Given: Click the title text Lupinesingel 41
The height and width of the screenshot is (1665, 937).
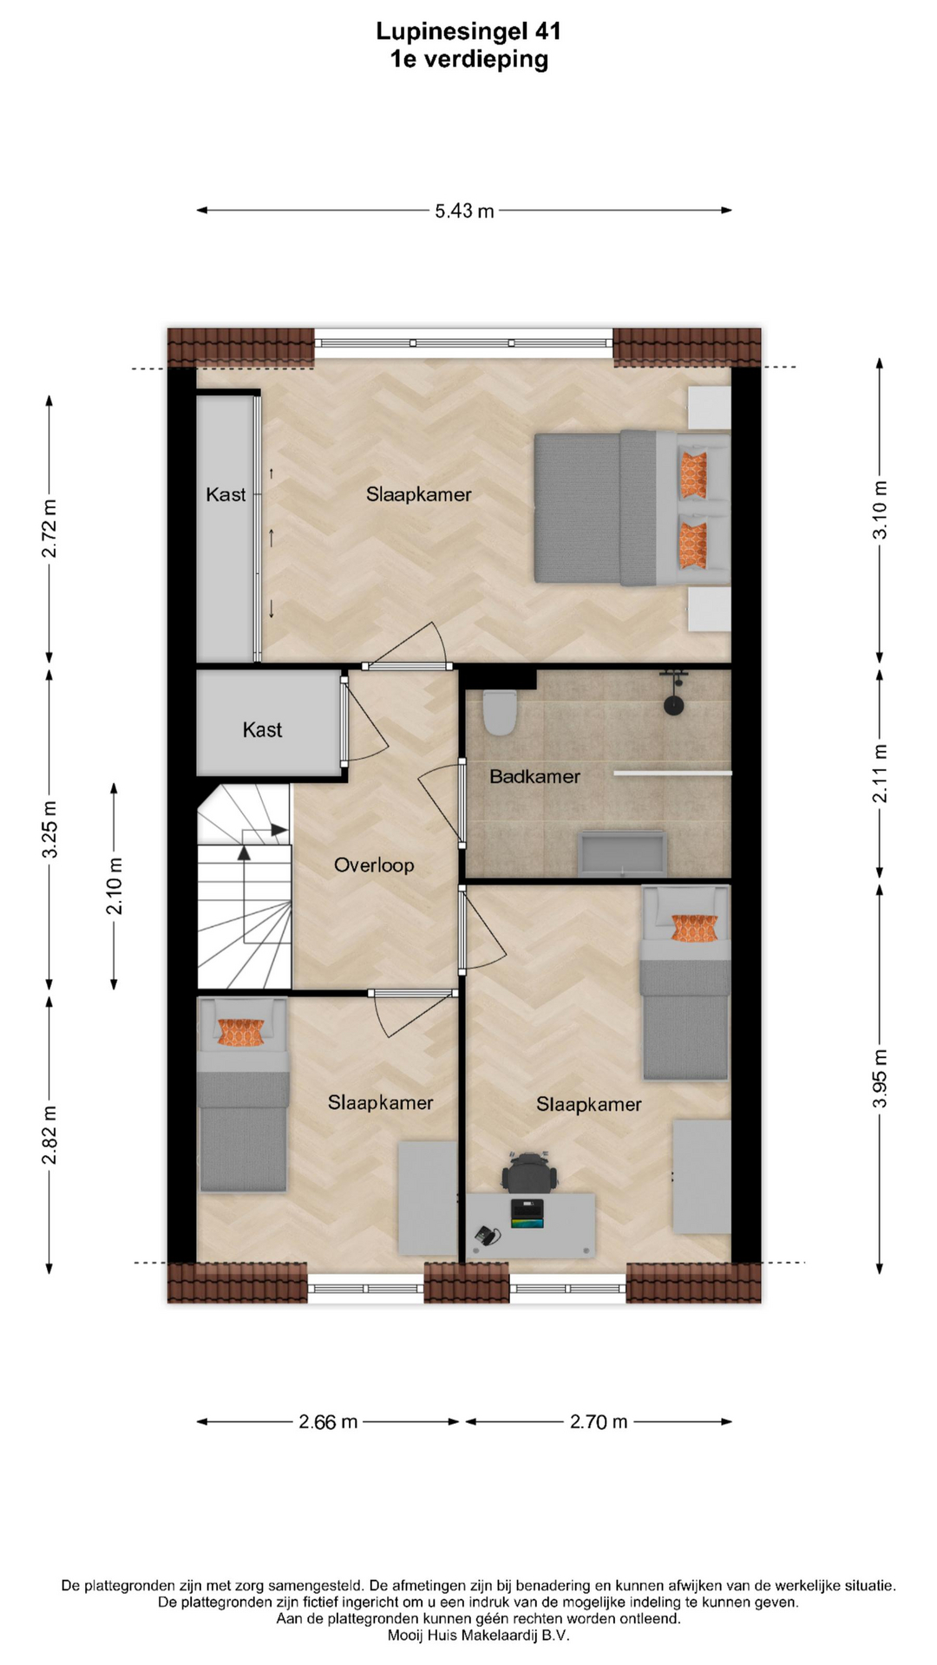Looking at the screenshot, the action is [468, 31].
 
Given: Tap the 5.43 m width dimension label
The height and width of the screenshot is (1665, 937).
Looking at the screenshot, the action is [464, 211].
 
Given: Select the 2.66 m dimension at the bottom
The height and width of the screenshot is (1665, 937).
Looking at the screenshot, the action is [328, 1421].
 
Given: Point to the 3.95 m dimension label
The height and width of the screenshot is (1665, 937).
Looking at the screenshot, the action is [880, 1078].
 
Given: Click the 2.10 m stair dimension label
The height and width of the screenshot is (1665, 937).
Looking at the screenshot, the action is [115, 886].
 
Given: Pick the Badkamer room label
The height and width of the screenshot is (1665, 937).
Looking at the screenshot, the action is [534, 776].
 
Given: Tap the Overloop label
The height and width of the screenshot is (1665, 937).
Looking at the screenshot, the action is [374, 865].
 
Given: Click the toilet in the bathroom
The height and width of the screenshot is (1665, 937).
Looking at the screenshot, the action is [499, 712].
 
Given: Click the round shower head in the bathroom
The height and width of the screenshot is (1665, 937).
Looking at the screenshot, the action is [673, 705].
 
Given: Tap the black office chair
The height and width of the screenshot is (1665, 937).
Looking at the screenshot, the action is [530, 1172].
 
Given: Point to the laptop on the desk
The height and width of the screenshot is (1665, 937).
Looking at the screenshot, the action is [527, 1213].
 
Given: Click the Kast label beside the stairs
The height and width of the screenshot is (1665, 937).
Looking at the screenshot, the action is [262, 730].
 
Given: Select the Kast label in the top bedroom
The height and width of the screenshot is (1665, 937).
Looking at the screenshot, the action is [226, 494].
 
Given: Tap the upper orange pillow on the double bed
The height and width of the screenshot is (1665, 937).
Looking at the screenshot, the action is [693, 474].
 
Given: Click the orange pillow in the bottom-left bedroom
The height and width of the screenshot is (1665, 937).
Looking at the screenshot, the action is [240, 1032].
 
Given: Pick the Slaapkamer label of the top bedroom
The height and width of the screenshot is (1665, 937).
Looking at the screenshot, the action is [418, 494].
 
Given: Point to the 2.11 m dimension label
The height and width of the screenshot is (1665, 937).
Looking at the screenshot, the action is [880, 773].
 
